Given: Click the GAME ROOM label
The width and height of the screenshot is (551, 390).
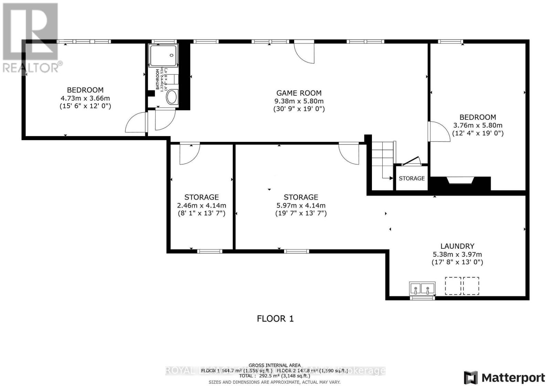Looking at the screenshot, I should [299, 93].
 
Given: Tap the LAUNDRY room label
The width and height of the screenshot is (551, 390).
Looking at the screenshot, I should [457, 246].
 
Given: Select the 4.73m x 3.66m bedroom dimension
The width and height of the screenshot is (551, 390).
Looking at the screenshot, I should [85, 98].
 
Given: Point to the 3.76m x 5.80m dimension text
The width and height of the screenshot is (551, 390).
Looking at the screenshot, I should [478, 125].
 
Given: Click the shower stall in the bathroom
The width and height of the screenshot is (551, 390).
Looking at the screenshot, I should [164, 55].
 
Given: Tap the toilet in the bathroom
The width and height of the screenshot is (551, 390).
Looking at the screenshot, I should [171, 97].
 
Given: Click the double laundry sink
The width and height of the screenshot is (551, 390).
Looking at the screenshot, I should [422, 288].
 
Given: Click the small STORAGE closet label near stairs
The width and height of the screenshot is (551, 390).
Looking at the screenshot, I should [412, 178].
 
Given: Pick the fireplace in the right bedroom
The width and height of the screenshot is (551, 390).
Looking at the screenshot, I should [460, 181].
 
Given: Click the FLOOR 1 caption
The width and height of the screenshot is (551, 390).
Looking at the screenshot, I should [275, 319].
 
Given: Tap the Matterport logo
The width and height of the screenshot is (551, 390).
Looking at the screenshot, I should [505, 378].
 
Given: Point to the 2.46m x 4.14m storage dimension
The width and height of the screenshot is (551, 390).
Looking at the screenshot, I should [201, 205].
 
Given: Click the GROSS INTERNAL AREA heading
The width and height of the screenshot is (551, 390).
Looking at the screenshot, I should [274, 365].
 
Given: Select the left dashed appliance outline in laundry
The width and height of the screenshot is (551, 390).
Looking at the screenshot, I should [453, 286].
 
